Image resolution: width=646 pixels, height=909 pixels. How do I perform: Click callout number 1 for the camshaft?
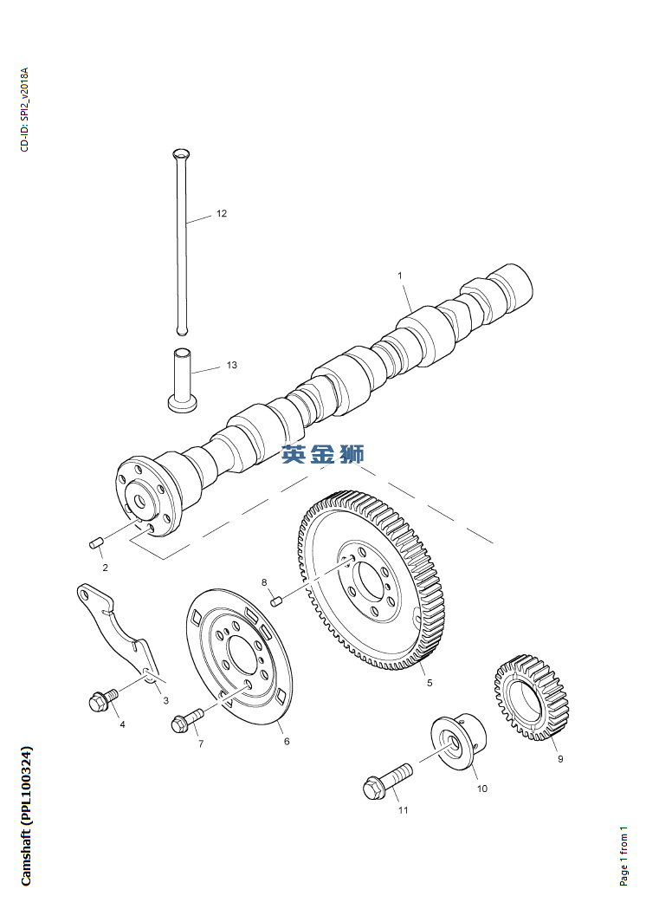tap(400, 276)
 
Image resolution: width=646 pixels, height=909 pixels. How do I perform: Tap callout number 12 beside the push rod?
tap(222, 213)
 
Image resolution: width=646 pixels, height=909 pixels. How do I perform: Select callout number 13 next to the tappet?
tap(231, 366)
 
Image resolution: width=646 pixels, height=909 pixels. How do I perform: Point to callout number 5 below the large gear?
tap(429, 683)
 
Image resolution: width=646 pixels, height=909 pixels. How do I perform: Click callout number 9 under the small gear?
tap(559, 759)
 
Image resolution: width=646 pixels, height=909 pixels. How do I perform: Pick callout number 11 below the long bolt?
tap(403, 810)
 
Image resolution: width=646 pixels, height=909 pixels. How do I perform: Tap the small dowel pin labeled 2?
tap(97, 544)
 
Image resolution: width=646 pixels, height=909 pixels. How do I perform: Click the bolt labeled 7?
tap(186, 720)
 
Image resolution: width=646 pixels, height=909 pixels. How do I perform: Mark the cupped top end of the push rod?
tap(179, 155)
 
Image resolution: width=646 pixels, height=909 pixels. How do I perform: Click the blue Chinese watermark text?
tap(323, 454)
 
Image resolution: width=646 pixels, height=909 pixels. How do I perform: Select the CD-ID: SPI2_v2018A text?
tap(24, 109)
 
